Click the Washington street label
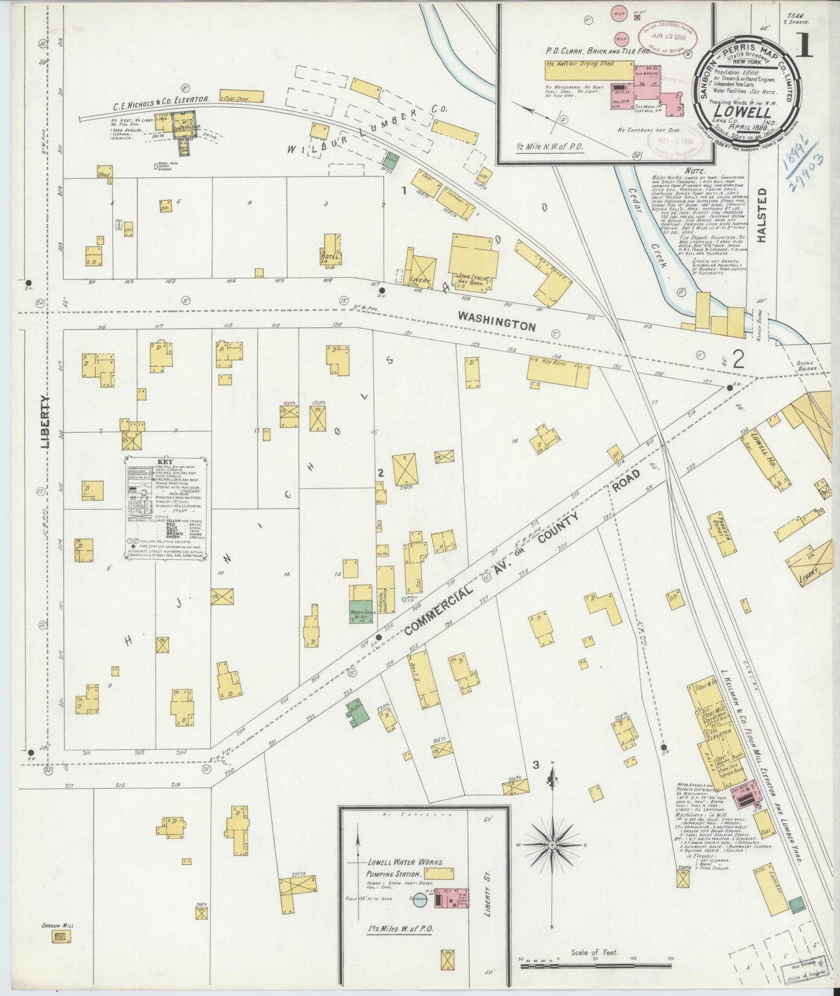click(x=496, y=321)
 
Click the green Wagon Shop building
click(x=360, y=614)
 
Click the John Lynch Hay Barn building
click(x=473, y=261)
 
